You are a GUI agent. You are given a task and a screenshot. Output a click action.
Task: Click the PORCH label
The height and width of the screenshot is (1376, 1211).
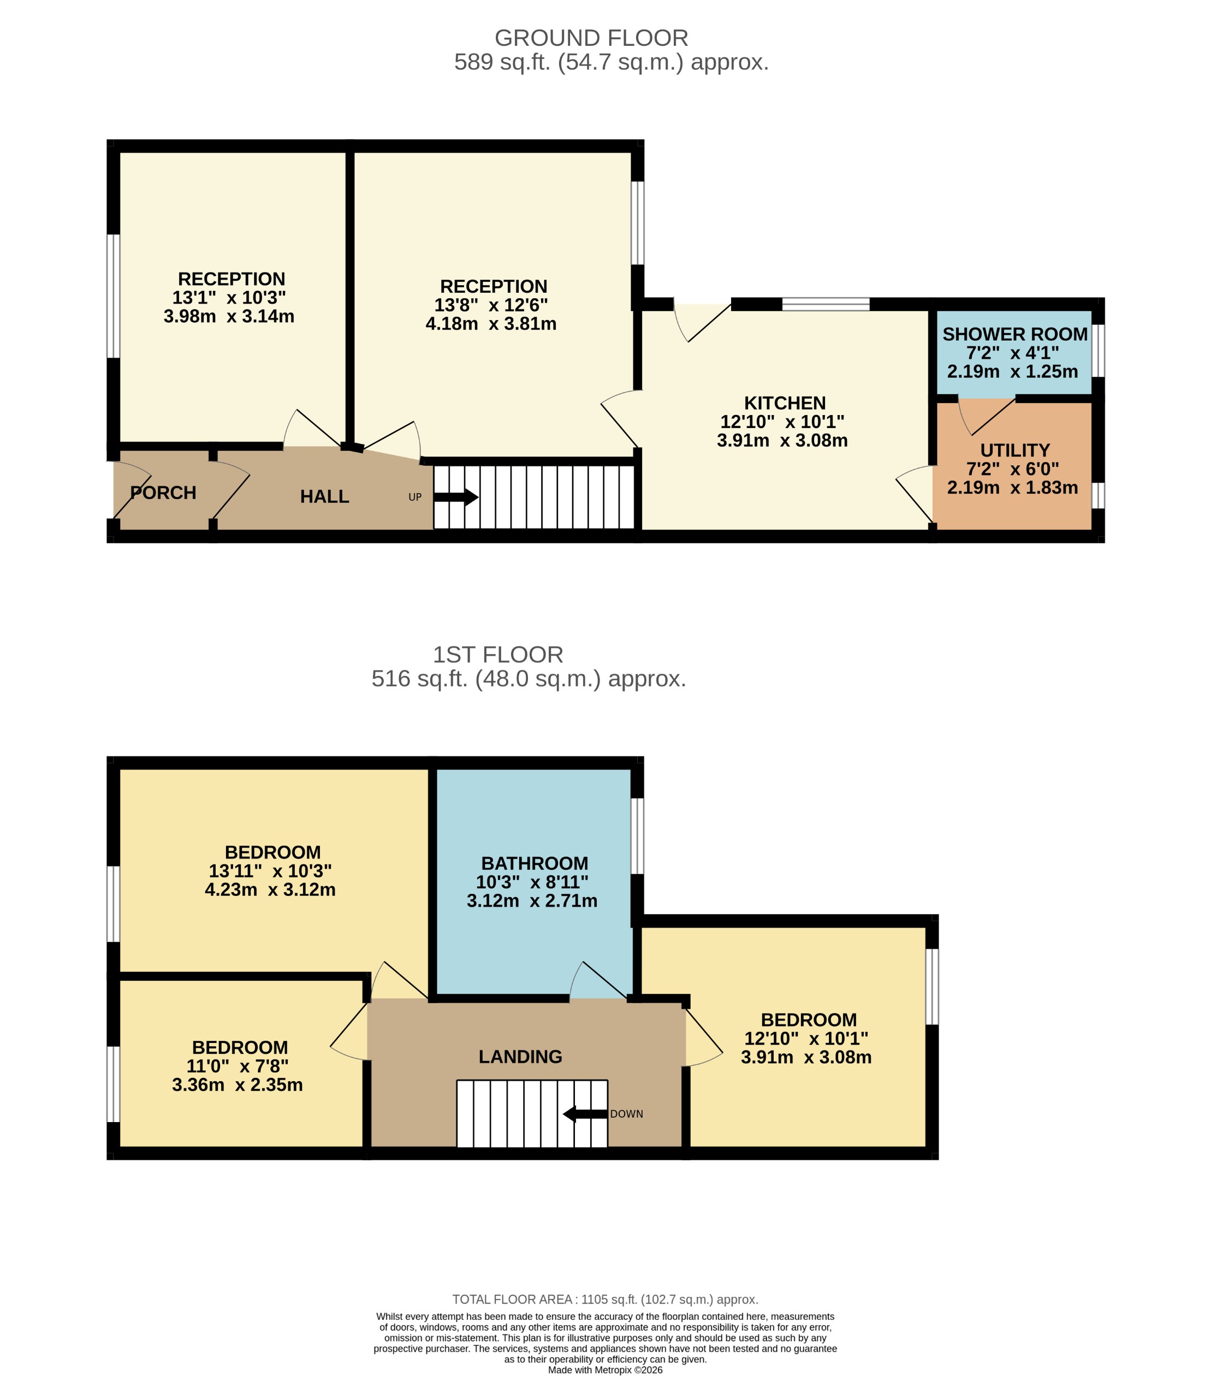coord(163,493)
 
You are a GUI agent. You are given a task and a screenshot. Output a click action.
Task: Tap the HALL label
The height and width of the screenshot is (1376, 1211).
coord(324,497)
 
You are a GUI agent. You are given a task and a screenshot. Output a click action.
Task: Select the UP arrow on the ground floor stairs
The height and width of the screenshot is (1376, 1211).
coord(456,497)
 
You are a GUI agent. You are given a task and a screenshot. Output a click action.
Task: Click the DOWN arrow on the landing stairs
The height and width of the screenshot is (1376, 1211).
coord(585,1114)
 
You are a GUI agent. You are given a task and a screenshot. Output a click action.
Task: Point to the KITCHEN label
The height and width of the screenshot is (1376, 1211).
coord(784,403)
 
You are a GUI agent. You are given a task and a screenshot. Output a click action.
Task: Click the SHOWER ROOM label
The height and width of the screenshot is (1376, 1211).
coord(1014,335)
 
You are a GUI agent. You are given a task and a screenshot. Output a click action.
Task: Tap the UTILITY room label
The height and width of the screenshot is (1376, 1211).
coord(1014,450)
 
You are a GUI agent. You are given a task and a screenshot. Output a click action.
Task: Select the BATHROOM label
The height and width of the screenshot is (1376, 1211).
coord(535,863)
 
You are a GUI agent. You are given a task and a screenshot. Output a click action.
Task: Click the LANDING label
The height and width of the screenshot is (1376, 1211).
coord(520,1057)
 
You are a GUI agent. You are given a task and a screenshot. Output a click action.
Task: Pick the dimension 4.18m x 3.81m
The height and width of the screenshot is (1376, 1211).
coord(491,324)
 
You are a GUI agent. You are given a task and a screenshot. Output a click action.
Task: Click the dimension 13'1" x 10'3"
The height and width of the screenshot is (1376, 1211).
coord(229,298)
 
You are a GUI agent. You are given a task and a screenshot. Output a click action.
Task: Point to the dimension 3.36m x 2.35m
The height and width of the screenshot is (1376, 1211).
coord(237,1085)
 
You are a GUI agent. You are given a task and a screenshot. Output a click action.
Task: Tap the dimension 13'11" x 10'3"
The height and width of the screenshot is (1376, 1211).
coord(270,871)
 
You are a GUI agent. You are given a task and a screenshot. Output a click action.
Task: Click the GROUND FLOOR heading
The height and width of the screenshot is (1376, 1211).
coord(591,38)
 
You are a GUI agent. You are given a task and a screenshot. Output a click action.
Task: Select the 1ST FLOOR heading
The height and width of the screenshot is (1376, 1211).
coord(497,654)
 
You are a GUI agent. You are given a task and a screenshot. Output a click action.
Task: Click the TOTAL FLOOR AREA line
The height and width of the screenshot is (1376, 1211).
coord(605,1300)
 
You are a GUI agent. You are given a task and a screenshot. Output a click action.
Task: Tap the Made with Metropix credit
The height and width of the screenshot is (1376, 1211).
coord(605,1370)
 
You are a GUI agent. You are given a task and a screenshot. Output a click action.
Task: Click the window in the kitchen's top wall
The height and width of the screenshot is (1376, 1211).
coord(826,304)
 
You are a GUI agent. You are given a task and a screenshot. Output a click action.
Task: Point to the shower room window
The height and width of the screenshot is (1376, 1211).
coord(1098,351)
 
